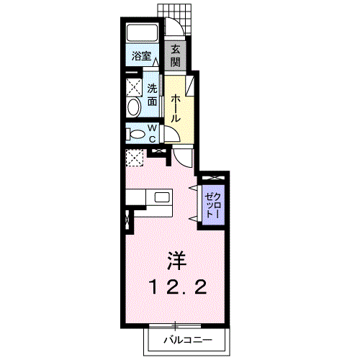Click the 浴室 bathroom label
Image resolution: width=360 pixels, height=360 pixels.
(142, 57)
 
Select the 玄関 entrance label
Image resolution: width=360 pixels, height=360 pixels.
(176, 56)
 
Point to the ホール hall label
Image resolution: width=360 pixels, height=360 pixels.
(176, 108)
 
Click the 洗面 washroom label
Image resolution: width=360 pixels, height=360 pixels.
(152, 95)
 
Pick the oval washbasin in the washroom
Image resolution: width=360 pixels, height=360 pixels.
(134, 107)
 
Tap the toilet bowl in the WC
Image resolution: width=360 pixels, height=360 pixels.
(137, 134)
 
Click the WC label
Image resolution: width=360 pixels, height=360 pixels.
(152, 133)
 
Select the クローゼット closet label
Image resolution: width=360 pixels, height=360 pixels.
(213, 205)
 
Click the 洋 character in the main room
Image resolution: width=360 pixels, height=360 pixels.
(177, 261)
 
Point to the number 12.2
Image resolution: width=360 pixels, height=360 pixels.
(178, 287)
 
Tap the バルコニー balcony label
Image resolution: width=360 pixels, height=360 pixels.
(188, 340)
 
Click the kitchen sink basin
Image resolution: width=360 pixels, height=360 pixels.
(162, 197)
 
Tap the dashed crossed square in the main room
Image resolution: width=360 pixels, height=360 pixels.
(135, 158)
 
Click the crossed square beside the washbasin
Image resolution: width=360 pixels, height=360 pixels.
(134, 87)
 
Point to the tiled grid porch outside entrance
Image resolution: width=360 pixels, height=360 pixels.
(175, 18)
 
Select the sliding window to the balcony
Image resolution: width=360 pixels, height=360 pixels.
(175, 326)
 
